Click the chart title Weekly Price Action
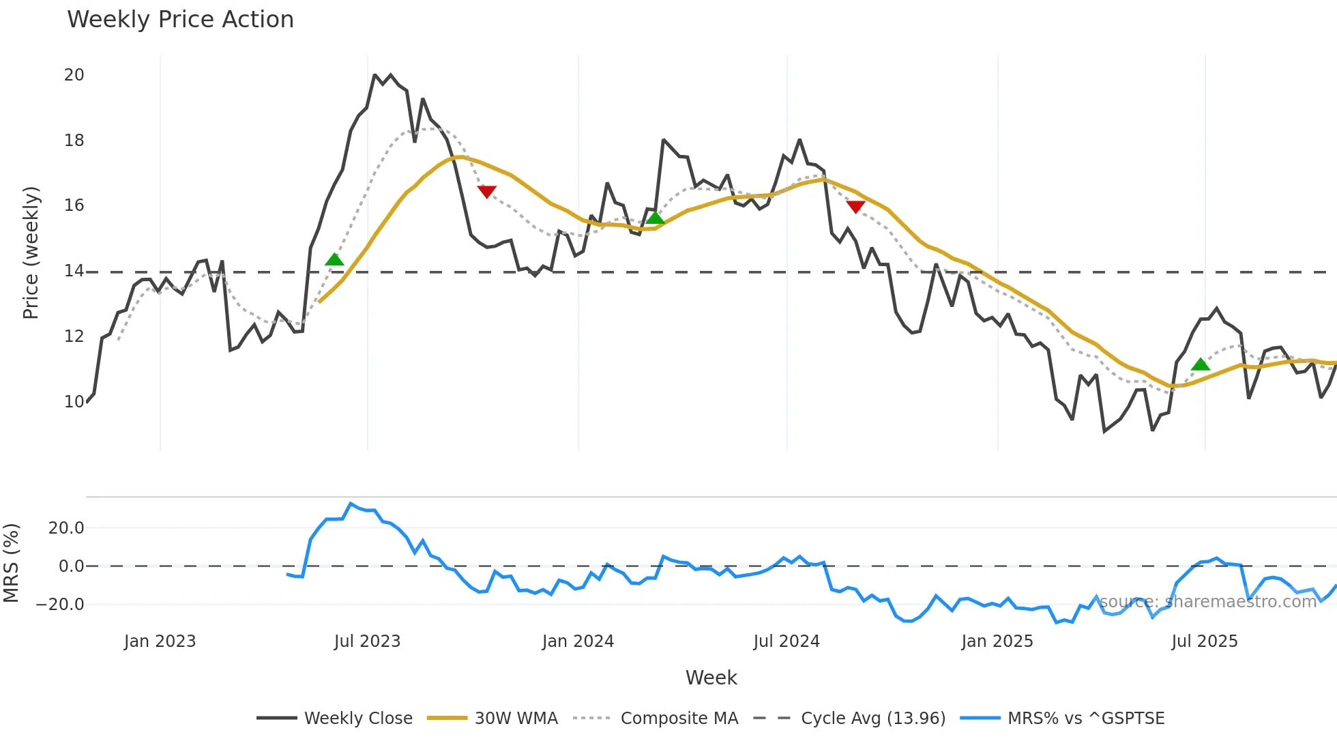click(x=180, y=19)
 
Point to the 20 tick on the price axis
click(x=74, y=75)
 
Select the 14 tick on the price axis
click(x=74, y=271)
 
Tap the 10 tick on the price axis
click(x=74, y=401)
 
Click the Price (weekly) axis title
click(x=31, y=252)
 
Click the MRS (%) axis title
click(x=12, y=563)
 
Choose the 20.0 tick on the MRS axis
click(x=66, y=527)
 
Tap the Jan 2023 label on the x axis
click(x=160, y=641)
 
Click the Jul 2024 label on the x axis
click(x=787, y=641)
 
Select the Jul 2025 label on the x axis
click(x=1205, y=641)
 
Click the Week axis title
click(x=711, y=678)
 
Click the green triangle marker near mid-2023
click(x=334, y=259)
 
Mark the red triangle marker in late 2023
click(x=486, y=192)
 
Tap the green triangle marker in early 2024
click(x=655, y=218)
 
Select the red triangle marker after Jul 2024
click(x=855, y=206)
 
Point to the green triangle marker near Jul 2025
click(x=1201, y=364)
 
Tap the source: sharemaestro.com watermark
click(x=1207, y=601)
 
